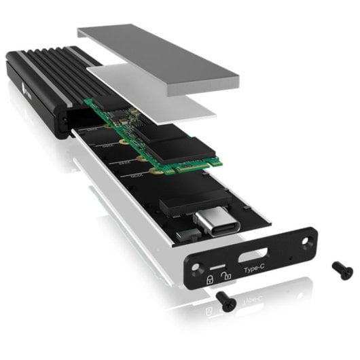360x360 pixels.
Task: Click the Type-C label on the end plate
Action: pos(255,269)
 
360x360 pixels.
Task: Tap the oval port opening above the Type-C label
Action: pos(253,256)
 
